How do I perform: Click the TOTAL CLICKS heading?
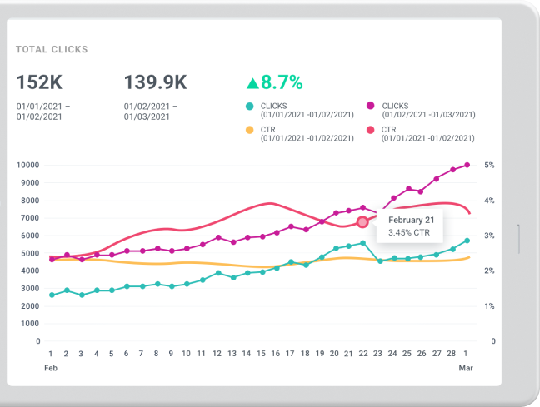[x=52, y=50]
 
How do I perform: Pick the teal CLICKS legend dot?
[x=250, y=106]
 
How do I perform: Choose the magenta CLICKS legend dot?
[x=370, y=106]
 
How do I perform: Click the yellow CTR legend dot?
[x=250, y=130]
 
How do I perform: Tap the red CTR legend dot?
[x=370, y=130]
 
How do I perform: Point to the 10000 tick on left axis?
[x=28, y=165]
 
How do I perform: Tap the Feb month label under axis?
[x=52, y=367]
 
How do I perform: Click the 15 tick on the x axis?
[x=262, y=354]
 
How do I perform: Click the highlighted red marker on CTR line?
[x=362, y=222]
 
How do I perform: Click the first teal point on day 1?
[x=52, y=295]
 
